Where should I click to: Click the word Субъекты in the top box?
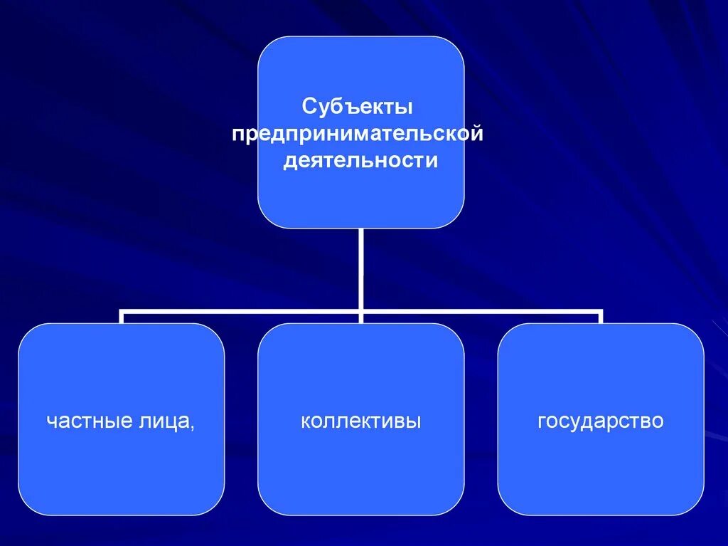click(358, 107)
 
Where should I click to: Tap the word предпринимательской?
click(358, 135)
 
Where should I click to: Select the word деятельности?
click(360, 161)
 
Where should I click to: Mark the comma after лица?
click(193, 426)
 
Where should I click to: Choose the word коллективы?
click(361, 421)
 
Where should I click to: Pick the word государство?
click(601, 421)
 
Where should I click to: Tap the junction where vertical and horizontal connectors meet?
click(361, 312)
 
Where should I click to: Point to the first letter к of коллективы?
click(306, 422)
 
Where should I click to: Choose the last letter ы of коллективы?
click(414, 422)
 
